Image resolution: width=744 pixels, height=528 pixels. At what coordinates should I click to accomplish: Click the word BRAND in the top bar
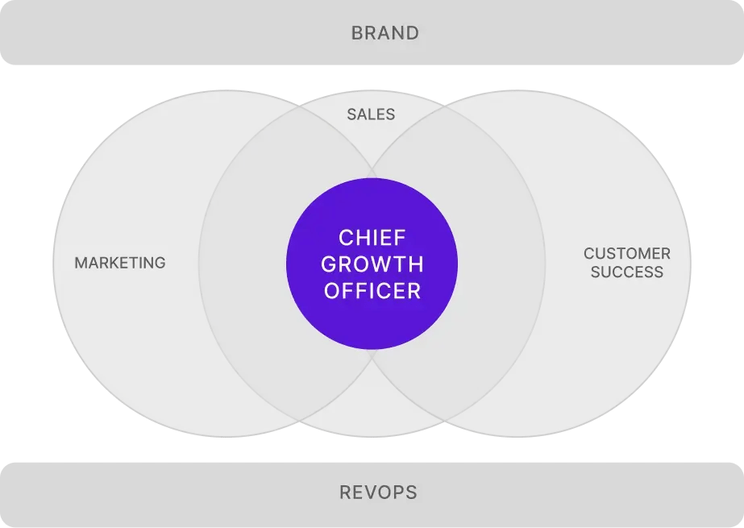384,33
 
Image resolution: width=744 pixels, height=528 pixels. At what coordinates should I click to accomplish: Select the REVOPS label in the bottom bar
378,493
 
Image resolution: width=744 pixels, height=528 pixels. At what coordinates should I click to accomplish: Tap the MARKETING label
120,263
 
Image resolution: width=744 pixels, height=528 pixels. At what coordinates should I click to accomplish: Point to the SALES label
371,114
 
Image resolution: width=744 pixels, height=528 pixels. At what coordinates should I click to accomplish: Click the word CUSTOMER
627,254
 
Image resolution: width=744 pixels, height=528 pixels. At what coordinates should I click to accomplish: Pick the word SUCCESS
627,272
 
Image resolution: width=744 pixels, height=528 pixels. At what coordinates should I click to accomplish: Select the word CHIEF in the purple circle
372,238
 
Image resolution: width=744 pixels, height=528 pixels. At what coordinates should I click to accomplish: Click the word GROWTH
372,264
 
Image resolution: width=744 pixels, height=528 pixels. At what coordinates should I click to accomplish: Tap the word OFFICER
372,291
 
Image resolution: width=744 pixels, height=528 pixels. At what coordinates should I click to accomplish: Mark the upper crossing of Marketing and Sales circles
299,106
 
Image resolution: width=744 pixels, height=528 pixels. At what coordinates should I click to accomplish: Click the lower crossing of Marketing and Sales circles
299,421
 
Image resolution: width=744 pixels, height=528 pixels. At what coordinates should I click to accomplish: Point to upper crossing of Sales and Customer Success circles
445,106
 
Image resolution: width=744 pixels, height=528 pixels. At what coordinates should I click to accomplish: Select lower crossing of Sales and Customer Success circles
445,421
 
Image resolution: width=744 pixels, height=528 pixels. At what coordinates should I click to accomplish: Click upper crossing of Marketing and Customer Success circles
372,170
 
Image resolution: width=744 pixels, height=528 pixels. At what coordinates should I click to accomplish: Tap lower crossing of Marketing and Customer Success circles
372,357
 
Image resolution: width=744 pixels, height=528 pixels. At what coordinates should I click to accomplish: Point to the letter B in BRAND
357,33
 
